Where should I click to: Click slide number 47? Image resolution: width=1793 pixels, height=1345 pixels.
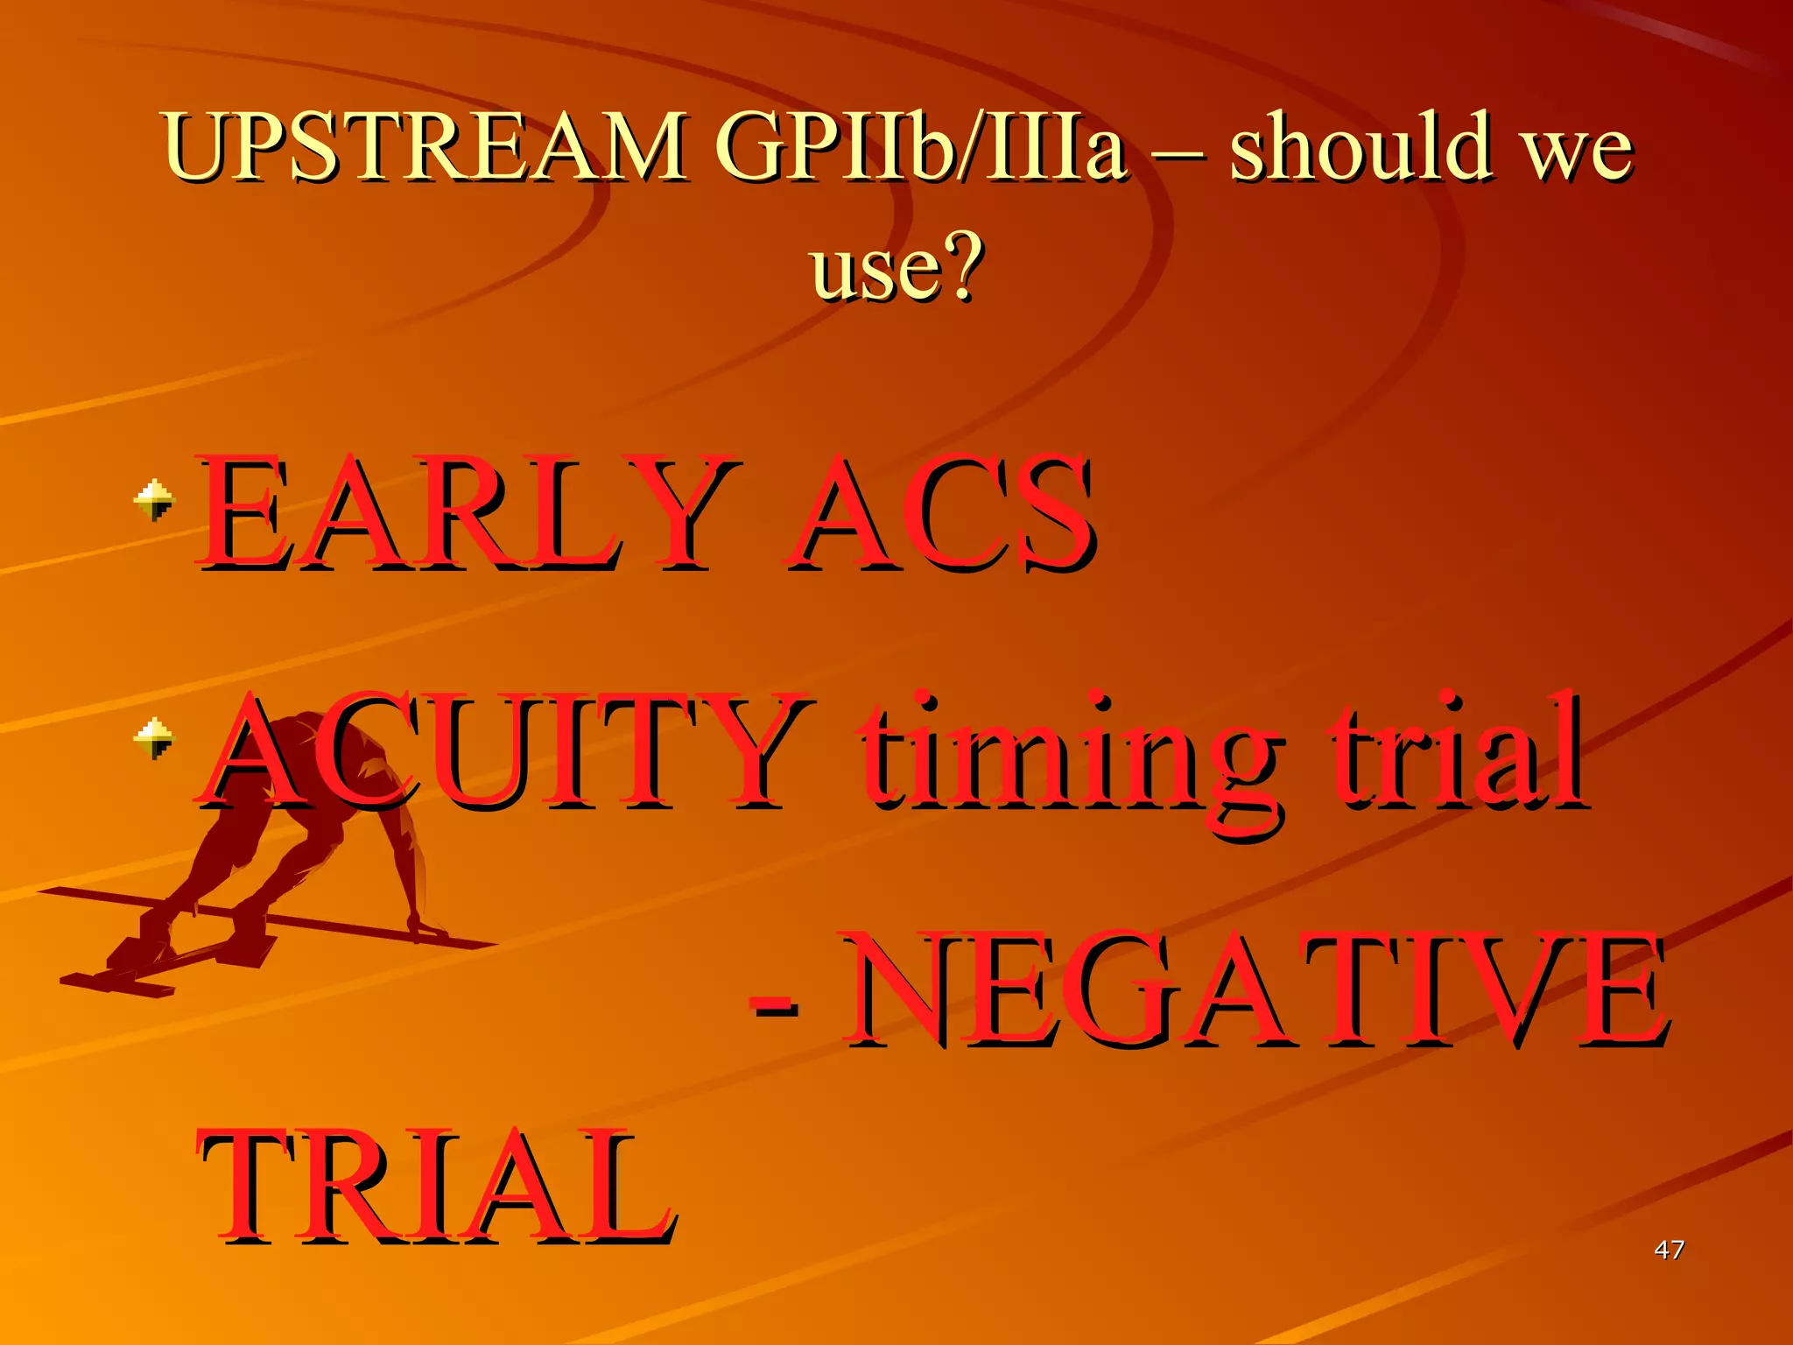coord(1669,1250)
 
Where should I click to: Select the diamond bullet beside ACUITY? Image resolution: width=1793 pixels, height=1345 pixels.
coord(154,738)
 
